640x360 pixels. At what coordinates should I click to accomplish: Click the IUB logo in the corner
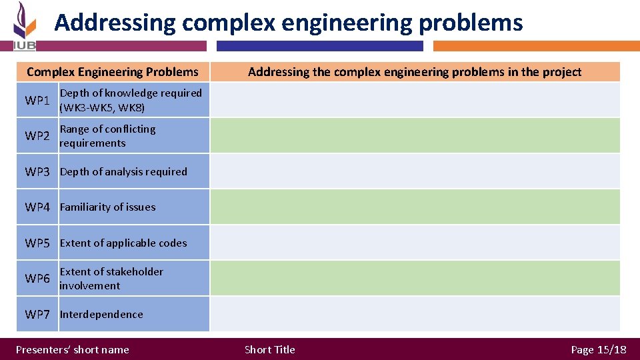point(25,26)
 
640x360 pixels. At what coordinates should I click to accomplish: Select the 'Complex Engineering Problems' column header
point(113,72)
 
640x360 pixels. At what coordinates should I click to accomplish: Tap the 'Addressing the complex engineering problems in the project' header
point(415,72)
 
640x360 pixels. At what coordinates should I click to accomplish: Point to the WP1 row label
point(37,101)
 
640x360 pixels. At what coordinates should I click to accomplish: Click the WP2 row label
point(37,136)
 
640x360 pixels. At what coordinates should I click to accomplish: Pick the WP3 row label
point(37,171)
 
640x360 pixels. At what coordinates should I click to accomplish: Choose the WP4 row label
point(37,207)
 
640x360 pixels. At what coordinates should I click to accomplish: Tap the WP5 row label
point(37,243)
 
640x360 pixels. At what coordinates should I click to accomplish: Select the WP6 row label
point(37,279)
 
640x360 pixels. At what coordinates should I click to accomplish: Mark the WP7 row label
point(37,314)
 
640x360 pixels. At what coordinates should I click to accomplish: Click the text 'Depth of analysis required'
point(123,171)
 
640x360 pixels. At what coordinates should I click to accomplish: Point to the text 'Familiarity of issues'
point(107,207)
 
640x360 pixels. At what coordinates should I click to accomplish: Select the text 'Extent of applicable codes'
point(123,243)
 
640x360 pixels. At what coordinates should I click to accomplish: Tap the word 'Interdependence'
point(101,314)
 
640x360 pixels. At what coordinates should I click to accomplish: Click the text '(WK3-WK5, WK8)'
point(102,107)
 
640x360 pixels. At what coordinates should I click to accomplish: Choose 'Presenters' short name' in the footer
point(73,349)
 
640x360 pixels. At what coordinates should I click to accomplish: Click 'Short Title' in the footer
point(270,349)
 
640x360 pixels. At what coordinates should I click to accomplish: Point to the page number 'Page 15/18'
point(599,349)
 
